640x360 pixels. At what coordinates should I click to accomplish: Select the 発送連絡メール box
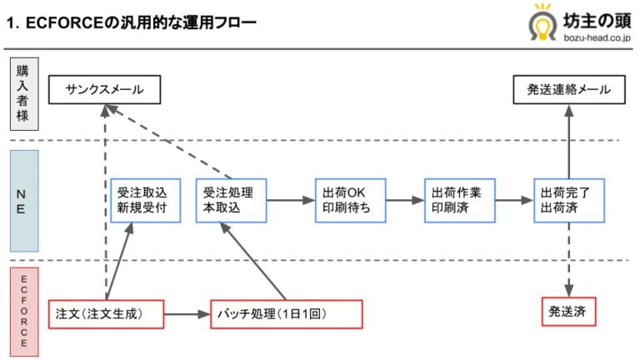568,90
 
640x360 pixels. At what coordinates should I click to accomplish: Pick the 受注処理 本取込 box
230,200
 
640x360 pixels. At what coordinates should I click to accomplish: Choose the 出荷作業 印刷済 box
459,200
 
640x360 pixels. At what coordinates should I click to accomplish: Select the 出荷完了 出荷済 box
569,200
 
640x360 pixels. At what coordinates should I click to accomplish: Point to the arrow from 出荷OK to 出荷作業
405,201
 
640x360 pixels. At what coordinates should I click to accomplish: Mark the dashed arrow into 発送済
569,258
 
